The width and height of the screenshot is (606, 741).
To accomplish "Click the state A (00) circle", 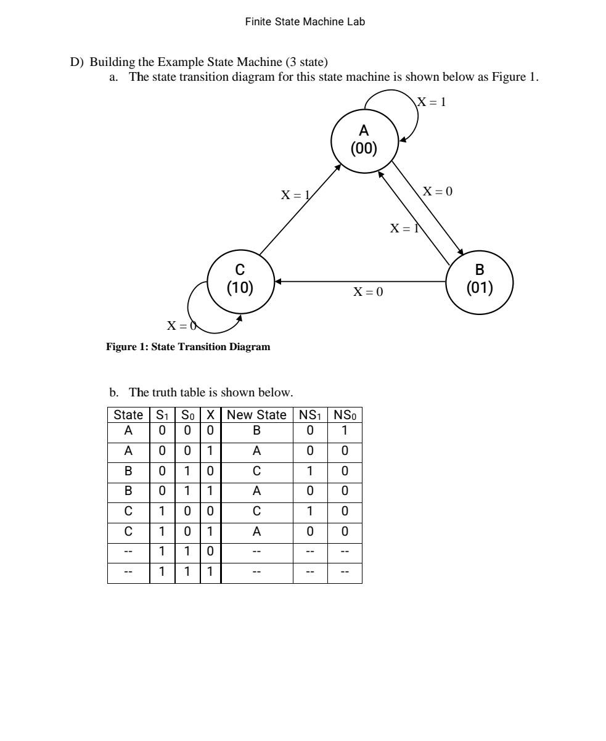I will click(364, 139).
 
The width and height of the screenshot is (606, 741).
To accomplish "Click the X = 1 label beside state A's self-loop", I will click(432, 102).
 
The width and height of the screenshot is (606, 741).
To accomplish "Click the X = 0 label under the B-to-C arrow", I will click(367, 292).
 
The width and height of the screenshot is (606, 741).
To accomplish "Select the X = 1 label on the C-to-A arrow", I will click(295, 195).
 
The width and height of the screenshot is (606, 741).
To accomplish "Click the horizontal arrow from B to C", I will click(361, 281).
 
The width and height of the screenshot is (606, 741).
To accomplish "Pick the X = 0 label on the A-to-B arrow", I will click(438, 191).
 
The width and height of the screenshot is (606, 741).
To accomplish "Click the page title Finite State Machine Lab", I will click(305, 22).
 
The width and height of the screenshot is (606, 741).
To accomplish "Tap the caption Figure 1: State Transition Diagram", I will click(188, 347).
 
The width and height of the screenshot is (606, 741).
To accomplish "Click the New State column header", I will click(256, 415).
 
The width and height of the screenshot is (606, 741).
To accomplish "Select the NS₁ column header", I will click(310, 415).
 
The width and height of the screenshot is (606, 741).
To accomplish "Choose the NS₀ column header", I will click(345, 415).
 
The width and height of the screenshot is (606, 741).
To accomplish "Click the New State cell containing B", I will click(256, 430).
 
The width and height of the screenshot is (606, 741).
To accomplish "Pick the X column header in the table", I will click(210, 415).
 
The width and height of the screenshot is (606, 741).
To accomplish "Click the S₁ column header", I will click(162, 415).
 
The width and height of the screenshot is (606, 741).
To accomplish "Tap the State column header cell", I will click(128, 415).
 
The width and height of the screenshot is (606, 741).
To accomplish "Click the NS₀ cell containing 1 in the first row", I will click(345, 430).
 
